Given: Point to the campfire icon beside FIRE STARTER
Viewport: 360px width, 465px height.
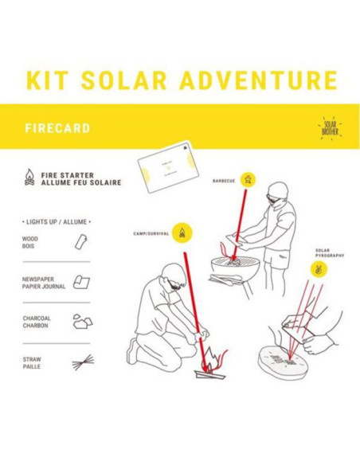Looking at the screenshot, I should [30, 180].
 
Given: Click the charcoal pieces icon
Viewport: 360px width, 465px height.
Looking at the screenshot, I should [80, 321].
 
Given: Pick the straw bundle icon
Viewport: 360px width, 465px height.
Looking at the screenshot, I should [80, 363].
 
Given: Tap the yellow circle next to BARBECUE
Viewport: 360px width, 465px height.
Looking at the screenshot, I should [248, 179].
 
